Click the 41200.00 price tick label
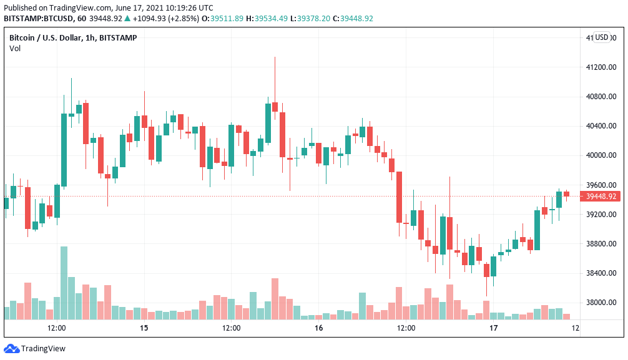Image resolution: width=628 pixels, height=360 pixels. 601,67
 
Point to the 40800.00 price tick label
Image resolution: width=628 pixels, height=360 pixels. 601,97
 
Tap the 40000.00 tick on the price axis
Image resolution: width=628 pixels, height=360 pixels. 601,155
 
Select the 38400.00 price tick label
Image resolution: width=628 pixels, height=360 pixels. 601,273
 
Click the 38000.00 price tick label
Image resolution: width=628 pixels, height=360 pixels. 601,303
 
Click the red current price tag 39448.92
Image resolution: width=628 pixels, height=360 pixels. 601,197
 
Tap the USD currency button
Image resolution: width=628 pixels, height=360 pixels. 602,37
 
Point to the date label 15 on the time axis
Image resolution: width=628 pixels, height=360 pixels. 144,328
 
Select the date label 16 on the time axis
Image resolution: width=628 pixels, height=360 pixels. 318,328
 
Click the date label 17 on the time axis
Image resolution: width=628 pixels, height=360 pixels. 493,328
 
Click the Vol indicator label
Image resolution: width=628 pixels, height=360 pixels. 15,48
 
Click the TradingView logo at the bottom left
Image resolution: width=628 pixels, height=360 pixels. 35,349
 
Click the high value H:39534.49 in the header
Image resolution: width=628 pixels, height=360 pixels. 267,18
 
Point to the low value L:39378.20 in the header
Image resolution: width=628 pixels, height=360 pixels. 310,18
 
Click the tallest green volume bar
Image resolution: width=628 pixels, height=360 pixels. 64,283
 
